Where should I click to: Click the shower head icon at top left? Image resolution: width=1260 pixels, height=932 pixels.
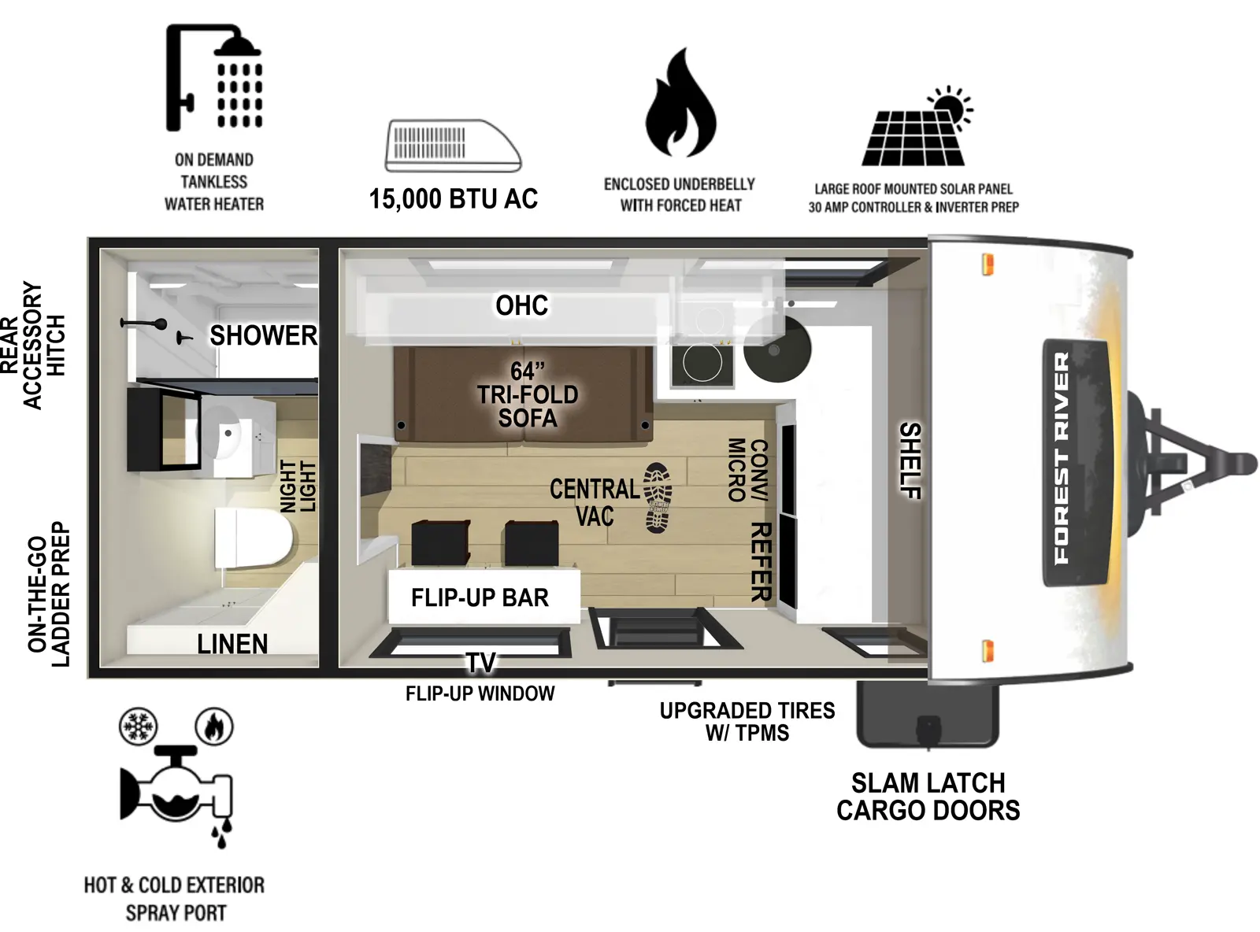[x=214, y=79]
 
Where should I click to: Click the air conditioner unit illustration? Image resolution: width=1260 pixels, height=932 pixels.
[x=453, y=146]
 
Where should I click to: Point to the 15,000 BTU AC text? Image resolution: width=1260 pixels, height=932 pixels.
[x=453, y=199]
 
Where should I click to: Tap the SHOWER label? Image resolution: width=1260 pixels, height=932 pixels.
[x=263, y=336]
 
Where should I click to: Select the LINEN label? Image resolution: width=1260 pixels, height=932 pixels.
[x=232, y=644]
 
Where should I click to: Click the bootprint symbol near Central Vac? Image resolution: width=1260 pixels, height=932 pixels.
[x=658, y=498]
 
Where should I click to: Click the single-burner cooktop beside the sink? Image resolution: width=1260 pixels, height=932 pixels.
[x=702, y=363]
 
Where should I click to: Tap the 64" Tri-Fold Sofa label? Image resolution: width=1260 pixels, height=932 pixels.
[x=527, y=394]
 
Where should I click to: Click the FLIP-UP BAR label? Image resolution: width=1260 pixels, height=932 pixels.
[x=480, y=597]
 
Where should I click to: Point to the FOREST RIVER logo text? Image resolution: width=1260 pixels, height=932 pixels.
[x=1062, y=457]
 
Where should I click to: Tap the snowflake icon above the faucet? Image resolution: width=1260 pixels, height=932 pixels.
[x=139, y=726]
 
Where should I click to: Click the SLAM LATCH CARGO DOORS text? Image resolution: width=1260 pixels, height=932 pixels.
[x=928, y=797]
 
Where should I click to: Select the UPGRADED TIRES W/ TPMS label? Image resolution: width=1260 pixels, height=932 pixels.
[x=747, y=721]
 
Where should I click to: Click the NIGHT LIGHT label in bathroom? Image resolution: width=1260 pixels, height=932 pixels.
[x=298, y=486]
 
